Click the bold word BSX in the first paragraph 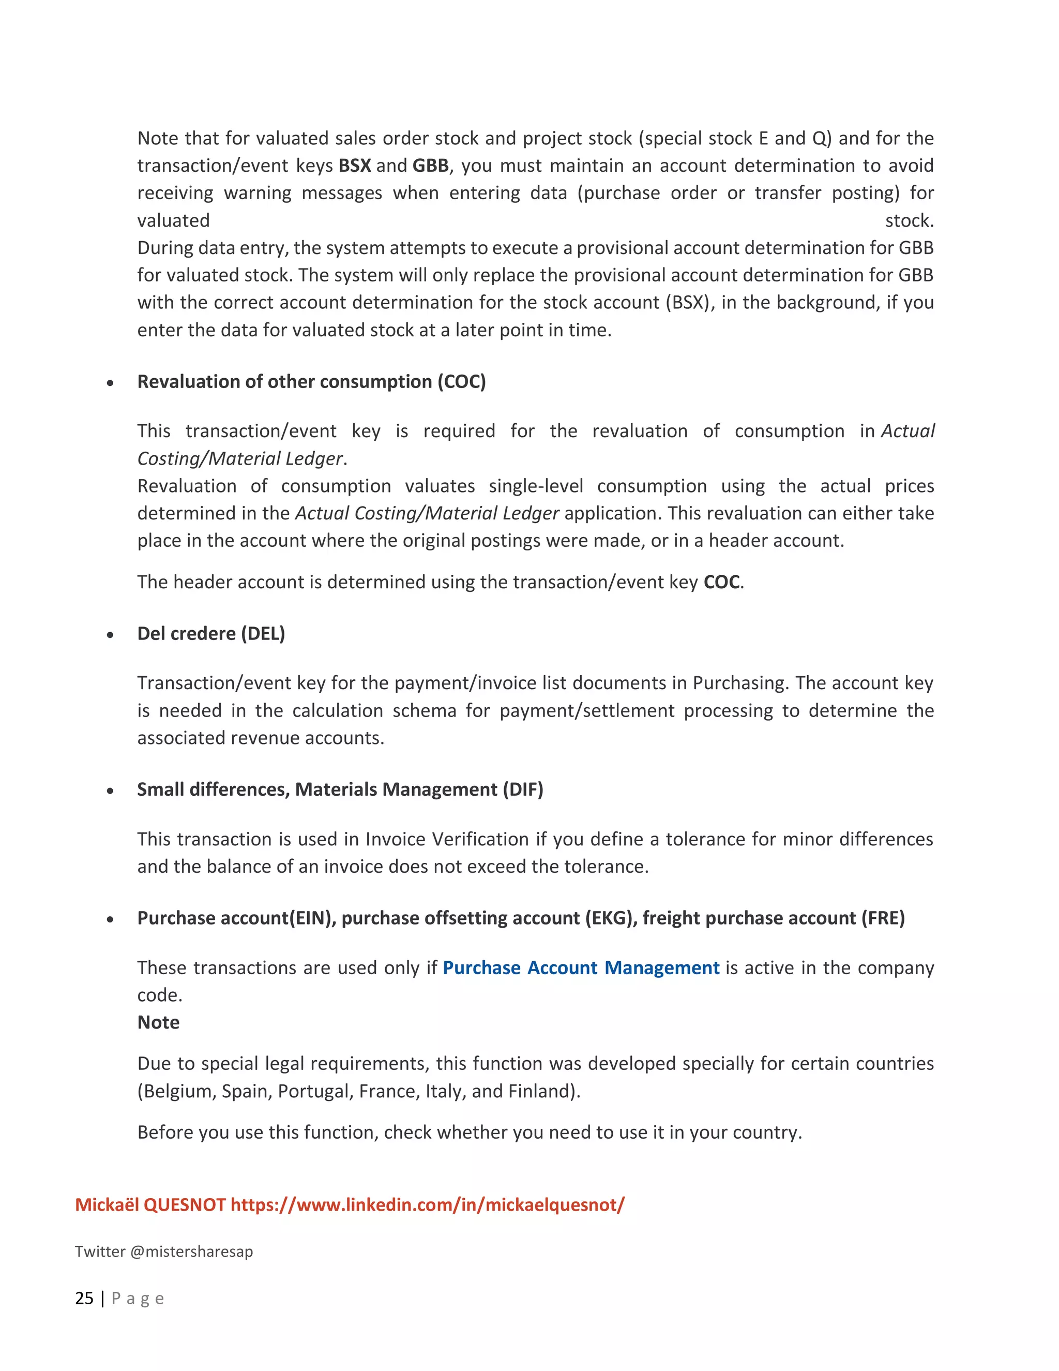coord(354,166)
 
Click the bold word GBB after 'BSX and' coord(430,166)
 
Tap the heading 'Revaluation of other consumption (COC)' coord(311,382)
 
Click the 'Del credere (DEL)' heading coord(211,633)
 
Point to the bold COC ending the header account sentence coord(721,582)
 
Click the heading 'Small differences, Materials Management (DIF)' coord(340,789)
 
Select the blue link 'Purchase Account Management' coord(581,967)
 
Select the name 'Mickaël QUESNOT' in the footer coord(150,1204)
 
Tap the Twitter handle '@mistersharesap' coord(191,1251)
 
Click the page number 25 coord(84,1298)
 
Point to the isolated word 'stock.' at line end coord(909,220)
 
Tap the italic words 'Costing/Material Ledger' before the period coord(239,459)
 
